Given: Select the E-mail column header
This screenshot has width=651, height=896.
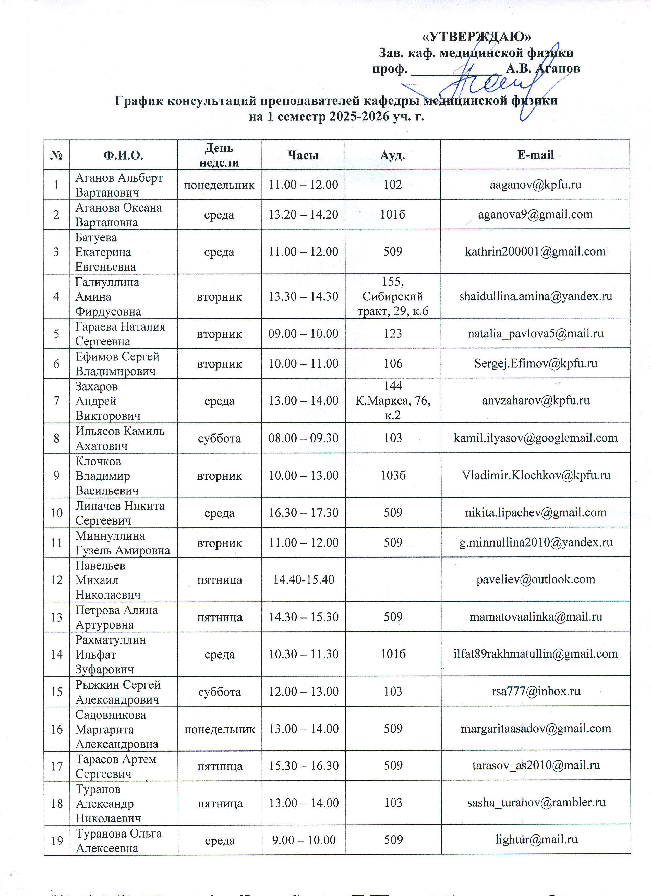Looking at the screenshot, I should point(535,155).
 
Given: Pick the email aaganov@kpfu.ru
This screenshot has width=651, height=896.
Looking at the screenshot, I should point(535,185).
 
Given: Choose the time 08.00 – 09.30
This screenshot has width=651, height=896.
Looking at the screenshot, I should point(303,438).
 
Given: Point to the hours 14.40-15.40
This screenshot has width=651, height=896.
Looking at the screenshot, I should point(303,579).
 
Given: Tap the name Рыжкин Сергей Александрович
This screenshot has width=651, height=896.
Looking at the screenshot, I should point(118,692).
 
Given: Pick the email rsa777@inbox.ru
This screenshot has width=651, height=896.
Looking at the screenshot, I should point(535,691).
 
